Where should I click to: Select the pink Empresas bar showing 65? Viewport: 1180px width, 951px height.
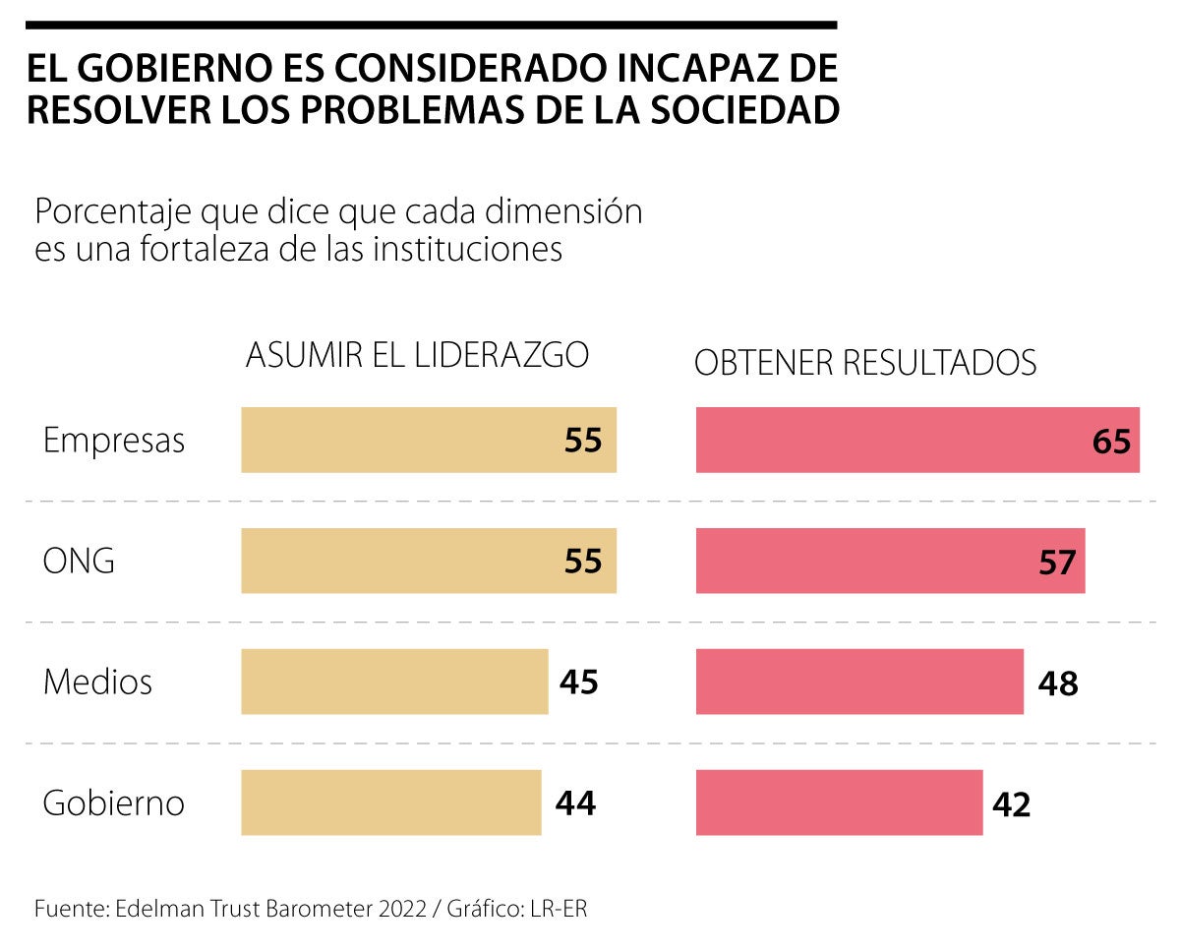coord(885,440)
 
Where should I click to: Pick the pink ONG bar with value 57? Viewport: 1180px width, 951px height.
coord(865,561)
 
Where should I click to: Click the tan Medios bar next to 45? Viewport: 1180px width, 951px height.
coord(393,682)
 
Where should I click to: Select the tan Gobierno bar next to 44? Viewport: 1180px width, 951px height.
coord(390,802)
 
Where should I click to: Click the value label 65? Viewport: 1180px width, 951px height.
coord(1111,442)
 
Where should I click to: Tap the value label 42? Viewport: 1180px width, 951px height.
coord(1011,804)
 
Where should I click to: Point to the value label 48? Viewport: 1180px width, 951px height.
coord(1058,684)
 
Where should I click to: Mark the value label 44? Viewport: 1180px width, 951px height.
coord(575,804)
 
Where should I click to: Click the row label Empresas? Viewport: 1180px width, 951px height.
coord(114,441)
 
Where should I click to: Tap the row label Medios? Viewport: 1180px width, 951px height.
coord(97,682)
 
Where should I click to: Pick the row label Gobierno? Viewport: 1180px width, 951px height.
coord(114,803)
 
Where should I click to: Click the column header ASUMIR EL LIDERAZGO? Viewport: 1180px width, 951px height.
coord(417,355)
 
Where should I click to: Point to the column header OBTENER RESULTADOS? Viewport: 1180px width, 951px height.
coord(865,363)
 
